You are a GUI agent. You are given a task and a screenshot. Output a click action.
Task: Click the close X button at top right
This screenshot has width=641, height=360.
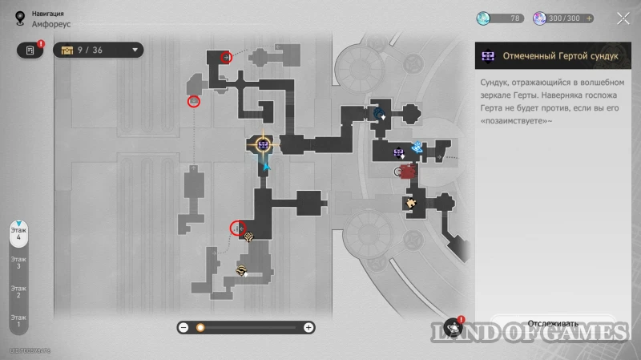(623, 18)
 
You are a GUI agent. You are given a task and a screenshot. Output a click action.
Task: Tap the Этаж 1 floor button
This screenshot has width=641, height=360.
(18, 320)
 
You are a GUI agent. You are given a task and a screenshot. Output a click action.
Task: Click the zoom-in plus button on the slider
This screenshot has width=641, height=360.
(308, 327)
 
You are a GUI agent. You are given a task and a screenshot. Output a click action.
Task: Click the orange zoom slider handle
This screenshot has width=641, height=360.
(200, 327)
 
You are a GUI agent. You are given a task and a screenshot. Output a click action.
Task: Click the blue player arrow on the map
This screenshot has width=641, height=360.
(266, 166)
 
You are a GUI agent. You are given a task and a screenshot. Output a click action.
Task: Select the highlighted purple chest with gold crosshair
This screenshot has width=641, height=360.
(263, 144)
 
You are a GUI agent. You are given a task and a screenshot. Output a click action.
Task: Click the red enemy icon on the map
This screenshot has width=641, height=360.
(408, 171)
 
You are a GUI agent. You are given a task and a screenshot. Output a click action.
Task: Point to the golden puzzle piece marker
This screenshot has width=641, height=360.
(411, 203)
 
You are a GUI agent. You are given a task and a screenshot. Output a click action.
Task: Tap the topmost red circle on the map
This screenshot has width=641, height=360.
(226, 57)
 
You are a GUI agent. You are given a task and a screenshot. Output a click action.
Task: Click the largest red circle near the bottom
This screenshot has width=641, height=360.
(237, 229)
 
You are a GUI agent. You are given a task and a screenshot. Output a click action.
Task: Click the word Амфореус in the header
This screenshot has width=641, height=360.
(52, 24)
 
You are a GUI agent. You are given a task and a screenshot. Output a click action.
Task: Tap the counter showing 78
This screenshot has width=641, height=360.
(500, 18)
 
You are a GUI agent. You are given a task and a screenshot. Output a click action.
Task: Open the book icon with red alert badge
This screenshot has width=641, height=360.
(30, 50)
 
